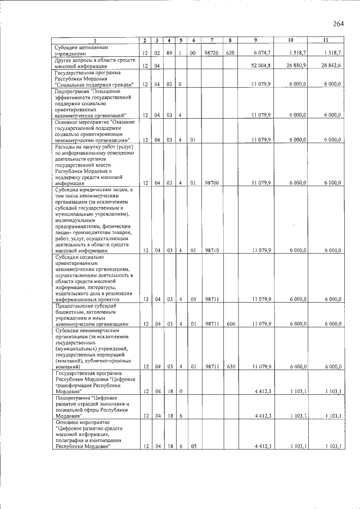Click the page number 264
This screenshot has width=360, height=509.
(x=338, y=24)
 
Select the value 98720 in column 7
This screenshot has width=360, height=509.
(x=211, y=52)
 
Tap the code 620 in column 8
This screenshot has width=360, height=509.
(x=229, y=52)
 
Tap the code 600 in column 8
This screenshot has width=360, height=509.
(x=229, y=324)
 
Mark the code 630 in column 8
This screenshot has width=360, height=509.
(x=229, y=367)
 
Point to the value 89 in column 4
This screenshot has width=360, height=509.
(x=169, y=52)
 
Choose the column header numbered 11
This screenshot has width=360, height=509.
(x=326, y=40)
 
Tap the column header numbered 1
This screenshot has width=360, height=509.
(x=95, y=40)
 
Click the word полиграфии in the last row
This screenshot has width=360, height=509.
(x=71, y=440)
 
